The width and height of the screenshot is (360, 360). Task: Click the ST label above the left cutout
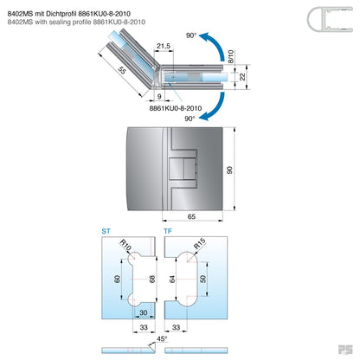105,233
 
